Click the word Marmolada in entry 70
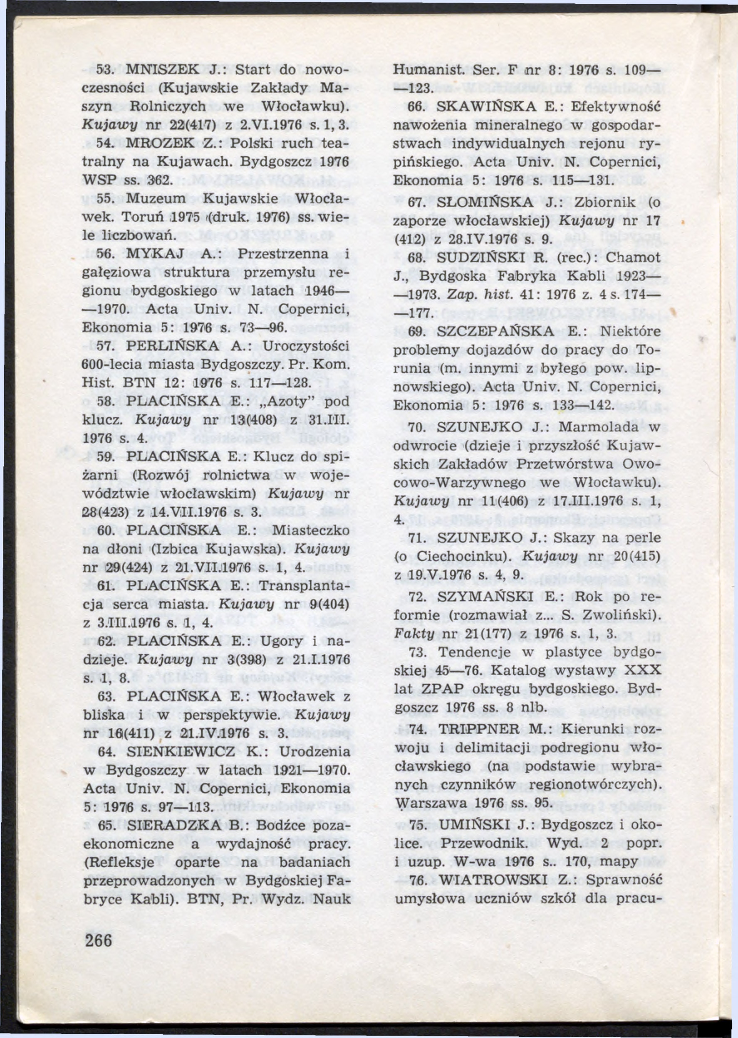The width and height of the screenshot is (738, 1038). pyautogui.click(x=597, y=428)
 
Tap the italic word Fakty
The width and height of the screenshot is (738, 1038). pyautogui.click(x=410, y=634)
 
